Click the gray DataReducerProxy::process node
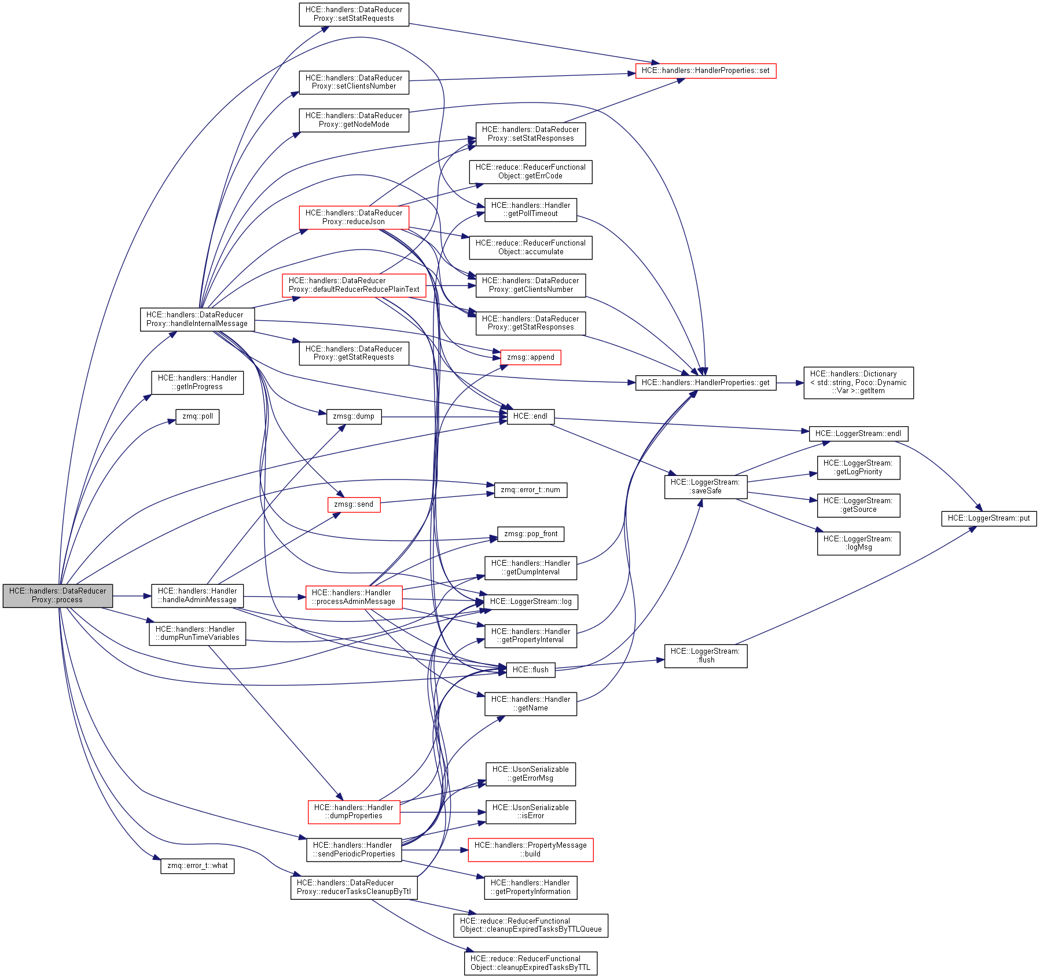57,595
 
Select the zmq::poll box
197,416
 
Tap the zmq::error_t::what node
197,866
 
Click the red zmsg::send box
354,504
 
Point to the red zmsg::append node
530,357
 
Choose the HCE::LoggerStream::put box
988,518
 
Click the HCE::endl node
530,416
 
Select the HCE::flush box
530,670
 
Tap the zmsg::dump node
354,416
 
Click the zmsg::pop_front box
530,534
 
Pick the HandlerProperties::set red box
705,71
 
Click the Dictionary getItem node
858,383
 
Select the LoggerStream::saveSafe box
705,487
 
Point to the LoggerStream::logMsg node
858,543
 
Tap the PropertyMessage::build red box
530,849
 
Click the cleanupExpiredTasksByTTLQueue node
530,925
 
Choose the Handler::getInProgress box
197,383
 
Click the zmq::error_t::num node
530,490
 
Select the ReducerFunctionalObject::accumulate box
530,247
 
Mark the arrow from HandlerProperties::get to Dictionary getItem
790,383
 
